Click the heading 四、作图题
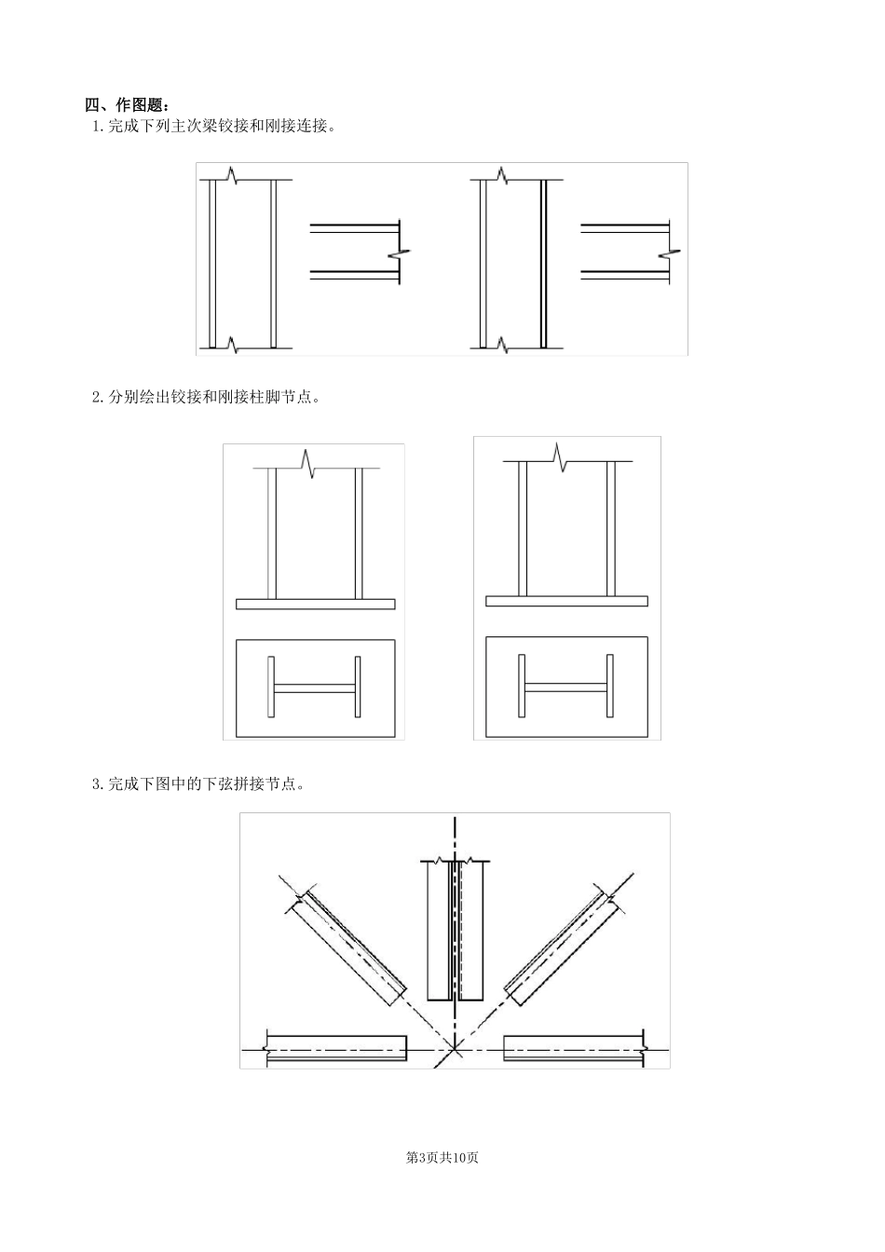(x=127, y=104)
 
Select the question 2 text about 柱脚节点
(x=206, y=398)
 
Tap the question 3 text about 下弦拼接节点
(x=198, y=784)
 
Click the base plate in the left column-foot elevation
(x=315, y=604)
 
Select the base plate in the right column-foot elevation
(x=566, y=601)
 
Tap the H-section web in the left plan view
(x=315, y=688)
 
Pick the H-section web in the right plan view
(x=566, y=688)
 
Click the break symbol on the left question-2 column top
(x=307, y=464)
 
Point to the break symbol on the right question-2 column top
(x=560, y=457)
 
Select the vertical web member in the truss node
(x=456, y=931)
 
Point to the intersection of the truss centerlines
(x=456, y=1050)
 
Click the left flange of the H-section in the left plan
(x=271, y=687)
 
